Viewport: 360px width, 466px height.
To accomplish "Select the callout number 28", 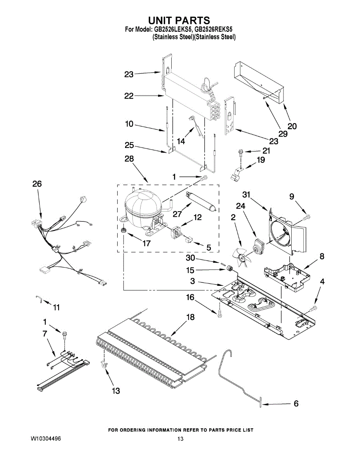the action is [129, 159].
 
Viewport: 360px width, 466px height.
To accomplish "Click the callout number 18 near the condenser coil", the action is [190, 317].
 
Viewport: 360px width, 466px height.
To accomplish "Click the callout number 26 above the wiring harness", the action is [37, 184].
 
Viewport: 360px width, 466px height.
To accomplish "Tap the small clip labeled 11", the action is [38, 298].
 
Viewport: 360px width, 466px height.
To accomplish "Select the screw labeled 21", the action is [240, 153].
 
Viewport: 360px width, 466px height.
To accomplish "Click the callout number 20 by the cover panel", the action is [292, 126].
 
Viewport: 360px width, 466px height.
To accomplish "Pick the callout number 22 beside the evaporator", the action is [129, 96].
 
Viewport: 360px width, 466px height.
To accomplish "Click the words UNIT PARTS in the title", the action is [179, 20].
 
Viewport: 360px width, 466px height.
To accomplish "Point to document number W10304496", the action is [46, 439].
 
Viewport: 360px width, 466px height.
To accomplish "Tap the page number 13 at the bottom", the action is [181, 439].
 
